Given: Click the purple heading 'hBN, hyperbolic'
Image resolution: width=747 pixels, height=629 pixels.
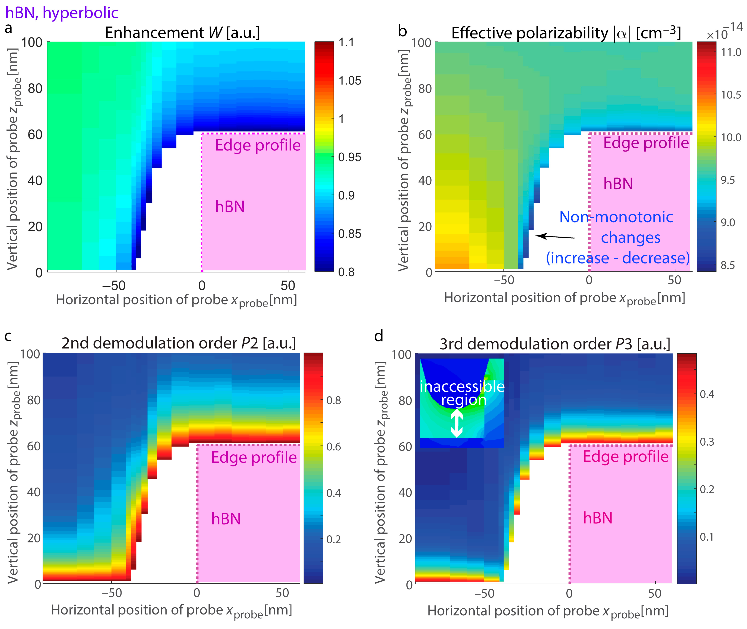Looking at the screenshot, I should [61, 13].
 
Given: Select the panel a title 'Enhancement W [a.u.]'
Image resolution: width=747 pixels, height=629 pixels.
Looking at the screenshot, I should [182, 33].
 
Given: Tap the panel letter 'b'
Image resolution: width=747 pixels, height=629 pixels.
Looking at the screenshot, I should [402, 31].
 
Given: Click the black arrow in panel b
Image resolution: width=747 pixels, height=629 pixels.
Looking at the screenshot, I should [555, 236].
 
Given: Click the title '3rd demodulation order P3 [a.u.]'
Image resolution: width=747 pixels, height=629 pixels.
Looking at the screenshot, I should [555, 344].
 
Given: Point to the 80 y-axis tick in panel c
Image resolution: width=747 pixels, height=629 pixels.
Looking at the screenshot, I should [34, 400].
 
